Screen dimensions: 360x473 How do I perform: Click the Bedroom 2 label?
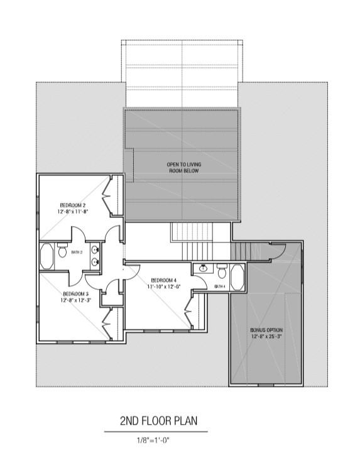(x=72, y=205)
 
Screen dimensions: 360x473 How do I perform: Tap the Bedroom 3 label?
(x=75, y=293)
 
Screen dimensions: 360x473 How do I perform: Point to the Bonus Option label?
(x=266, y=330)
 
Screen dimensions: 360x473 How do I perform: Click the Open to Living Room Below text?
(x=184, y=168)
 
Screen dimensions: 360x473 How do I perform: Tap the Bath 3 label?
(x=77, y=252)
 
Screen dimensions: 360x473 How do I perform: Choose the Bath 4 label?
(x=220, y=286)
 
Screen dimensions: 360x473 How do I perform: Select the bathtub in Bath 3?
(x=46, y=256)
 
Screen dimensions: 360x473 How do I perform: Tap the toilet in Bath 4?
(x=222, y=271)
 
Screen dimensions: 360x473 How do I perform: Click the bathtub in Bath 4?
(x=237, y=277)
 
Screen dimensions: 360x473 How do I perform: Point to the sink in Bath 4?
(x=203, y=268)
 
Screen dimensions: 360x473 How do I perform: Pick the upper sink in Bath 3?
(x=95, y=250)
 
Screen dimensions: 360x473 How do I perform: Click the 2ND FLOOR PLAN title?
(x=159, y=420)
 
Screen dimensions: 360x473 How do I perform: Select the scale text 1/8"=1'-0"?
(x=153, y=440)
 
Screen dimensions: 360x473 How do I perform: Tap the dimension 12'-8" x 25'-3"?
(x=266, y=337)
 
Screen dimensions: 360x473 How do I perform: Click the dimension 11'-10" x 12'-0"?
(x=164, y=286)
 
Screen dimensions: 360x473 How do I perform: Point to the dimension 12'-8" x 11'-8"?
(x=72, y=212)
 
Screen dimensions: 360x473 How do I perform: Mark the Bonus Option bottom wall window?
(x=266, y=385)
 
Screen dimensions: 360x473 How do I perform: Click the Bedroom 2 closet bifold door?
(x=107, y=196)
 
